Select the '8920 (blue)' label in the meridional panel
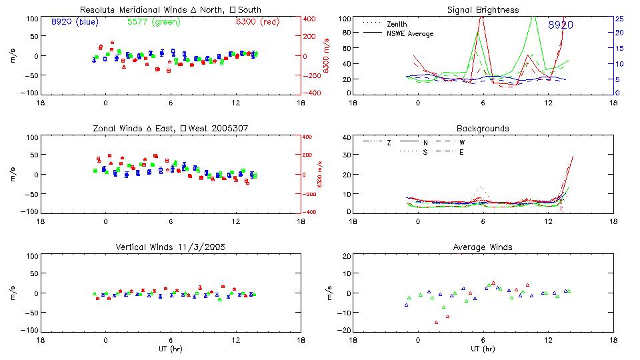75,22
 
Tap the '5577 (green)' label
151,22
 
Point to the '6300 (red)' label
258,22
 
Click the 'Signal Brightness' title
483,10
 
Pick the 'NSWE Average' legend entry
410,33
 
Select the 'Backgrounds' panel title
483,129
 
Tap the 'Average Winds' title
483,247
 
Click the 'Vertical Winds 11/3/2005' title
171,247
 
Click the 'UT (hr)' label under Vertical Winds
171,349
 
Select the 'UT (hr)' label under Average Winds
483,349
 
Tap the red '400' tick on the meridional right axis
310,19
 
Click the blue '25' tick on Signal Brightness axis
619,19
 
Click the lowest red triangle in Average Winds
437,323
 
